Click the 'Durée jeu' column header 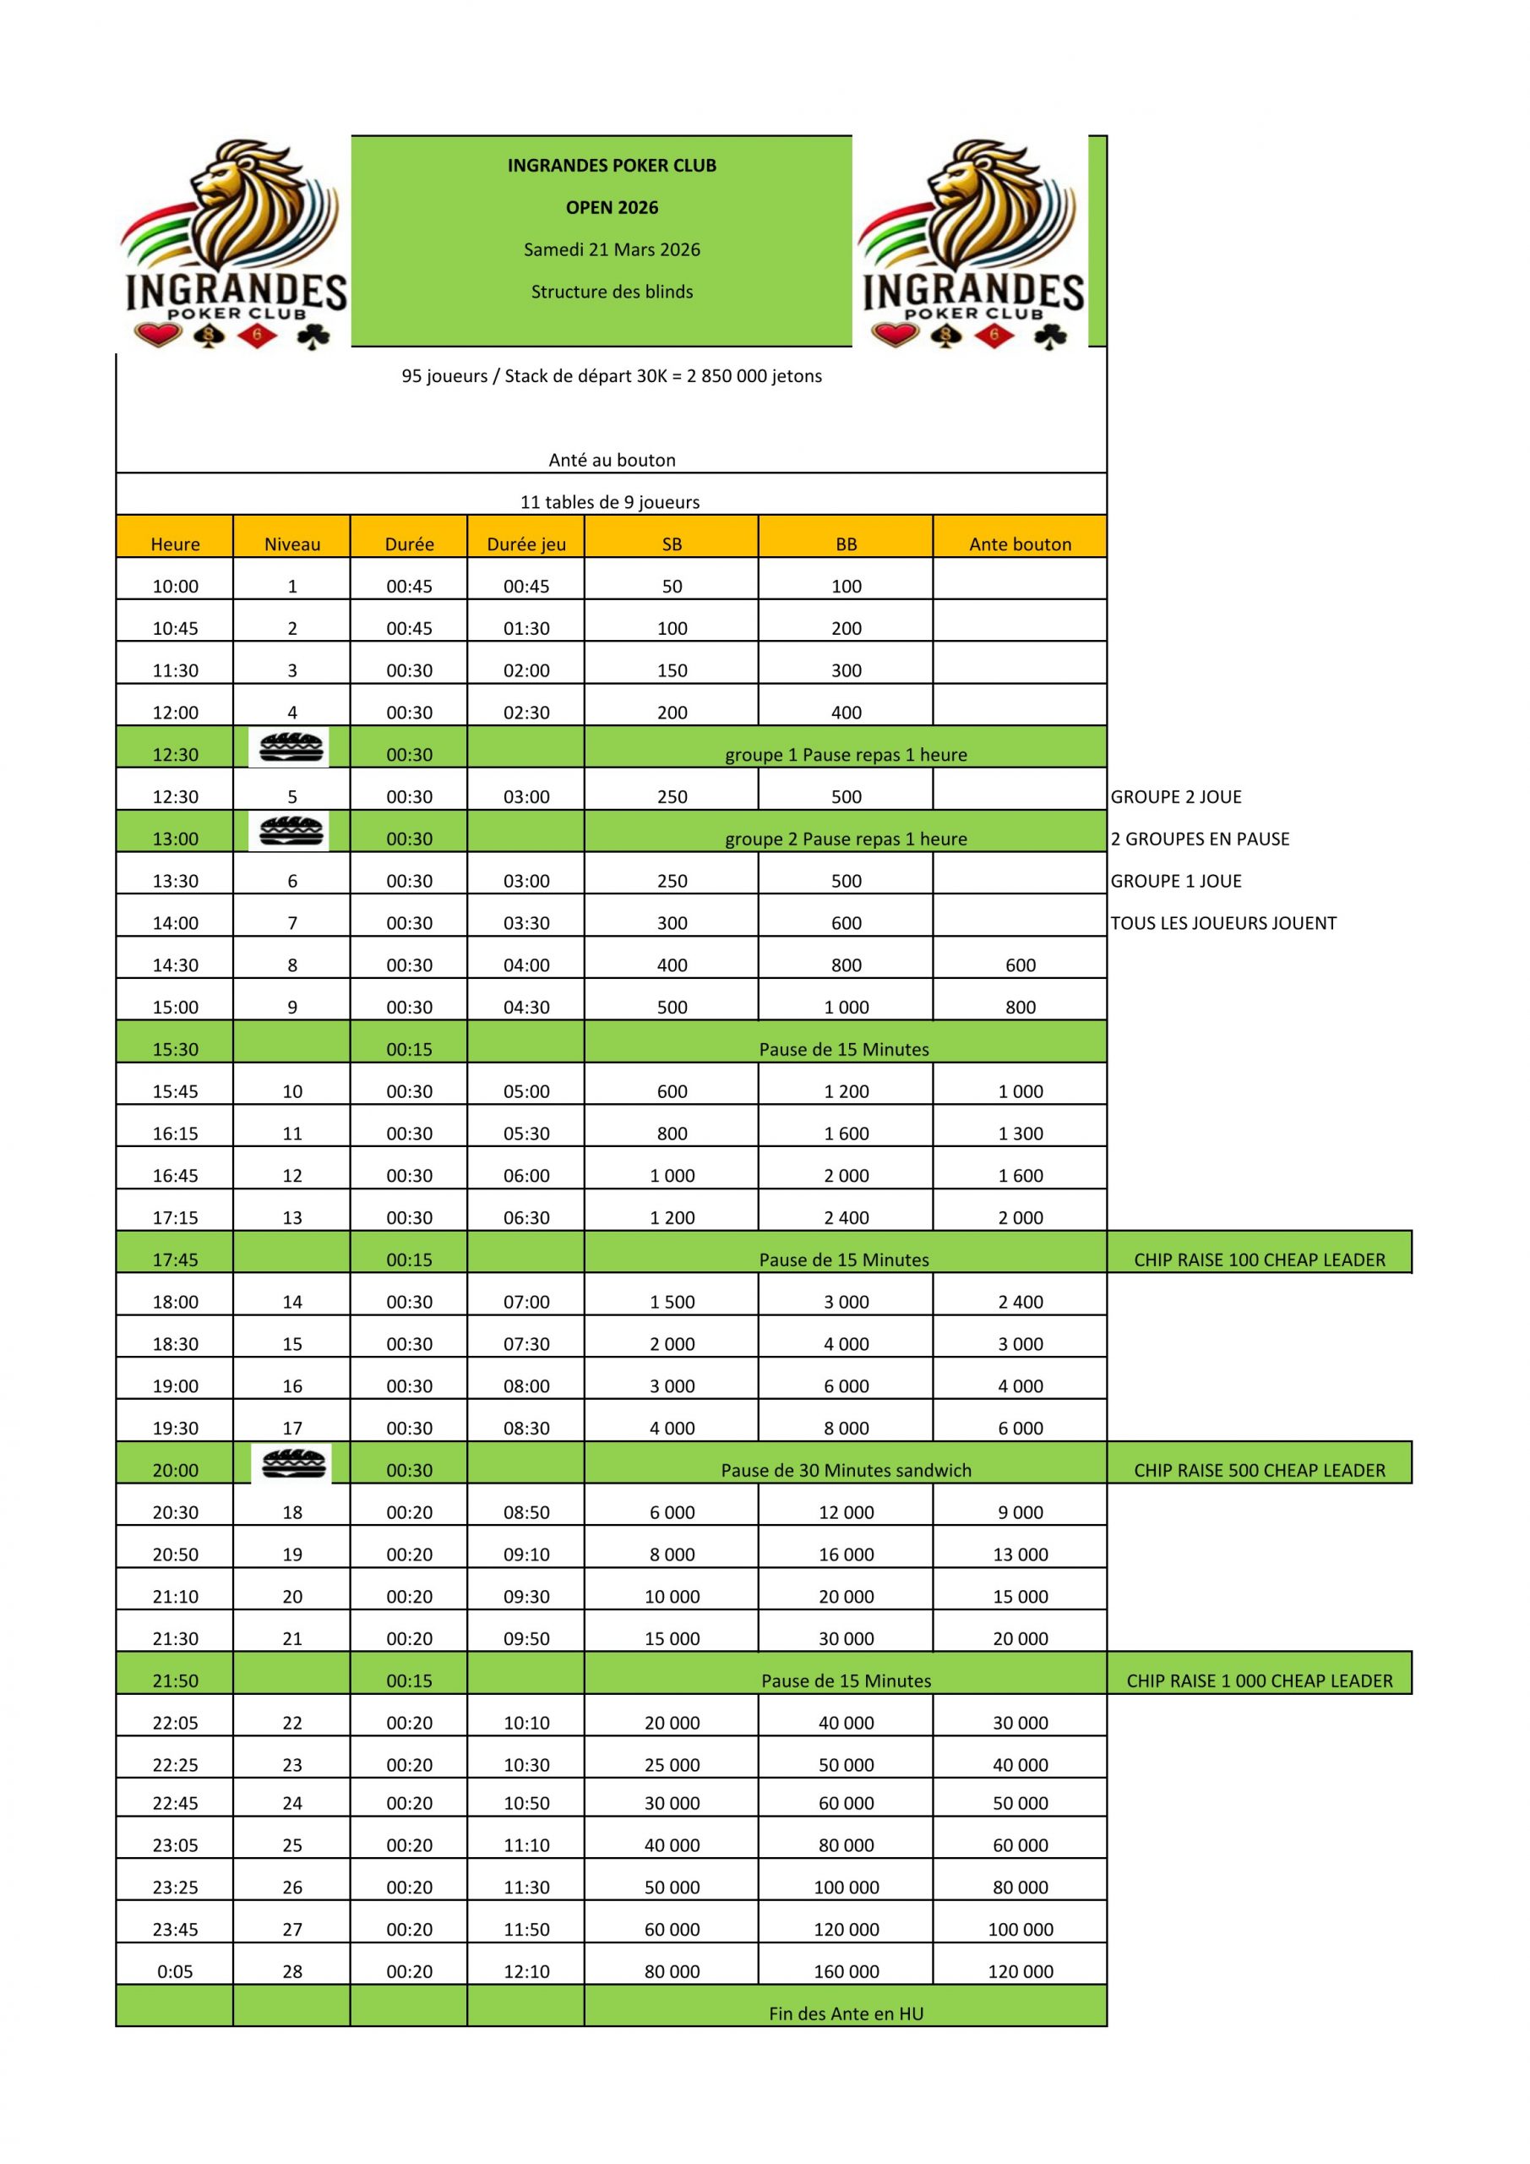click(x=525, y=544)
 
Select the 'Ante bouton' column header click(x=1020, y=544)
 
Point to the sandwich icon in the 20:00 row click(x=293, y=1464)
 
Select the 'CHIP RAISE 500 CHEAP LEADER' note click(x=1259, y=1470)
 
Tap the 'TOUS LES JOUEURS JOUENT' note click(x=1222, y=923)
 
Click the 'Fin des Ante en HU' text click(x=845, y=2014)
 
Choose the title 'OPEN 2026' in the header click(x=612, y=207)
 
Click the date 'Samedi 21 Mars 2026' click(x=612, y=249)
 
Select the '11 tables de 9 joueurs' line click(x=610, y=501)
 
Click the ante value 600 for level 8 click(x=1020, y=965)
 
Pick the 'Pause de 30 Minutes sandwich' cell click(x=845, y=1470)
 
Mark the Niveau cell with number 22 click(x=292, y=1722)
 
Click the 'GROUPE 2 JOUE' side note click(x=1175, y=796)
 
